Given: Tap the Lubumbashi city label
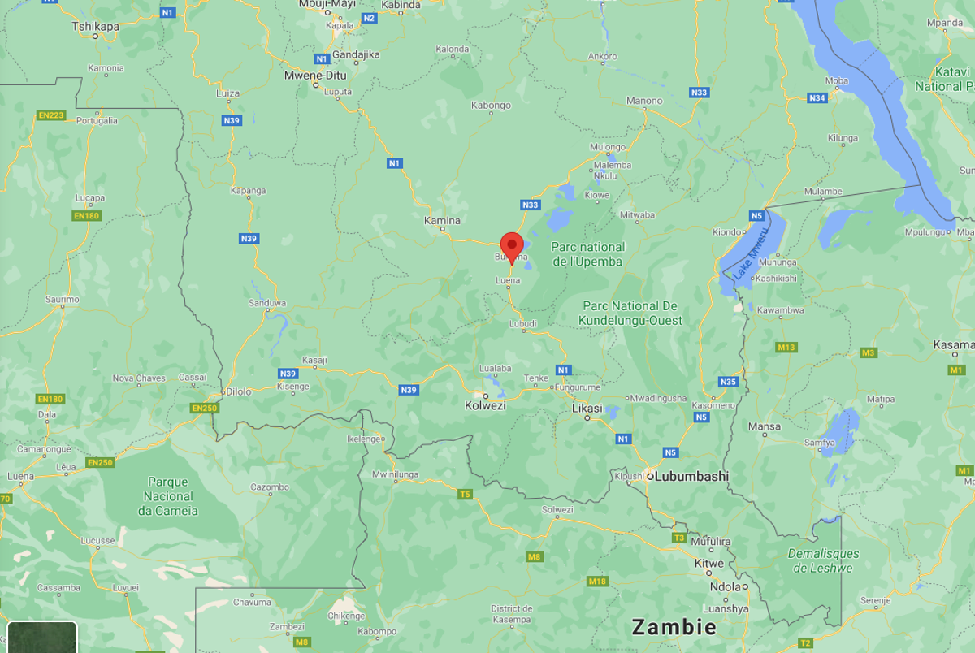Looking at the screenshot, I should (691, 477).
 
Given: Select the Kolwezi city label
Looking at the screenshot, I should (485, 405).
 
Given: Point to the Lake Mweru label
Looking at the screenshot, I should (751, 254).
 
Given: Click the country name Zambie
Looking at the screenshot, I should (674, 627).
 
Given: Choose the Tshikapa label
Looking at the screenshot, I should (96, 27).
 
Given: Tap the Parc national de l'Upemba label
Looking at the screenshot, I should (587, 254).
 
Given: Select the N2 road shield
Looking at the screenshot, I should (369, 18).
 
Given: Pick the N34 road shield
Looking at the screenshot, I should (817, 98).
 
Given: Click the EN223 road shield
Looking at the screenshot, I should (51, 115).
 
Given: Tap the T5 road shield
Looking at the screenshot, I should (465, 494).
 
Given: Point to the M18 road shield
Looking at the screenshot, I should (597, 582).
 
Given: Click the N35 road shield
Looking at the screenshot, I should (728, 382).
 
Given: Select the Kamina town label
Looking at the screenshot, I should (442, 221).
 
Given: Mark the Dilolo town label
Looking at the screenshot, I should (238, 391).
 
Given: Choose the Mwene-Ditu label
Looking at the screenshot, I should (314, 76).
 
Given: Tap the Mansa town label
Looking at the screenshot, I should (764, 426).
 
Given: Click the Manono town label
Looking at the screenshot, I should (644, 101).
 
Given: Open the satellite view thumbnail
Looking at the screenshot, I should (38, 638).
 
